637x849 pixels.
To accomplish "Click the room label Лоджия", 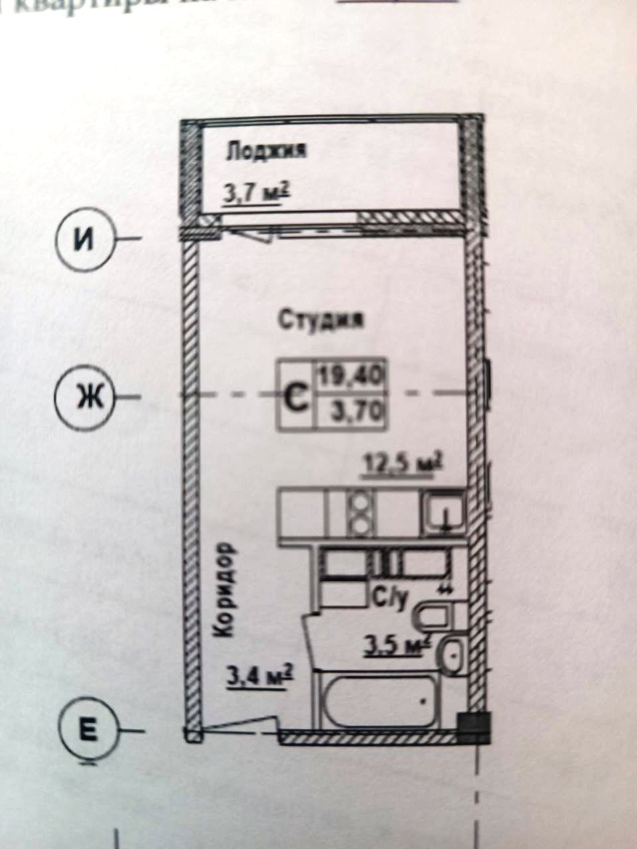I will click(x=265, y=151).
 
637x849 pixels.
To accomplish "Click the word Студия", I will click(x=321, y=320).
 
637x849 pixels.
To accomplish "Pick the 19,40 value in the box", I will click(x=350, y=377).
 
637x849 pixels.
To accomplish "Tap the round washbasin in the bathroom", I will click(x=455, y=655).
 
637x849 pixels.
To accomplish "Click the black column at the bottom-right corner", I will click(x=474, y=726).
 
